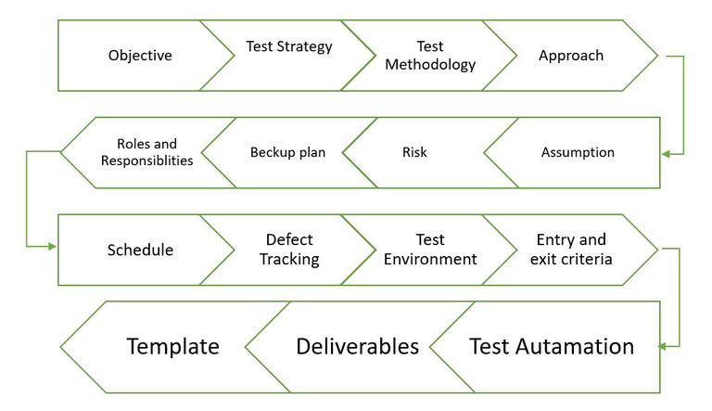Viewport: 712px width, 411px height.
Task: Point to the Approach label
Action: coord(571,56)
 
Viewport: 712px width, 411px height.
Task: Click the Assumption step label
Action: coord(578,153)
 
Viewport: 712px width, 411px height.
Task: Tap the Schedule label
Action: coord(139,250)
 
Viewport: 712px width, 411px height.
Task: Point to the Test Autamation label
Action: coord(552,347)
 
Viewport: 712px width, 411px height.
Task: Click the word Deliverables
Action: coord(358,347)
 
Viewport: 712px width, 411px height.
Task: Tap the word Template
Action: coord(173,347)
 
